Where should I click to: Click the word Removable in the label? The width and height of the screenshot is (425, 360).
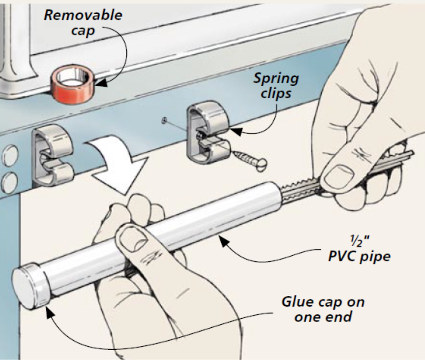[83, 16]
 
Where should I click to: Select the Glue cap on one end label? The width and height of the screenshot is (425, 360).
[323, 309]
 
